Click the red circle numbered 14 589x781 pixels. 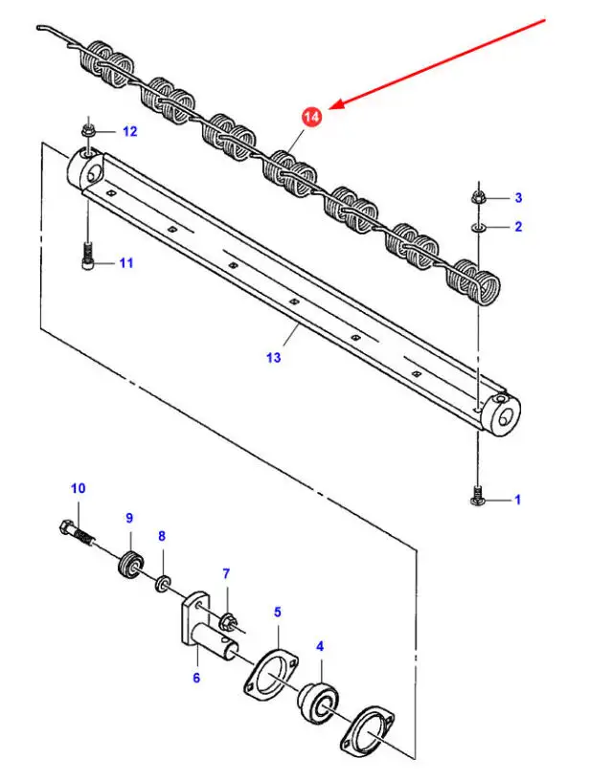[x=311, y=117]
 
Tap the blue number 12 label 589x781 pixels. [x=129, y=131]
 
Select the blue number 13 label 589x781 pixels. [x=273, y=357]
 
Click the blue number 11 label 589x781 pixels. [x=126, y=262]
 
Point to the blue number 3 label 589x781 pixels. [x=518, y=198]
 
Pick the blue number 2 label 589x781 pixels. [x=518, y=227]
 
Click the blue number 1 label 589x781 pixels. [x=518, y=499]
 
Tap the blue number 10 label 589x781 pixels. [x=79, y=488]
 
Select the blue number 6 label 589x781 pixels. [x=196, y=678]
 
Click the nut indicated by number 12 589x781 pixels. [x=88, y=132]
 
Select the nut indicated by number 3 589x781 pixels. [x=478, y=197]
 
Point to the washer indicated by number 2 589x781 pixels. [x=477, y=227]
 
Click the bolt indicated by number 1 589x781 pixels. [x=477, y=496]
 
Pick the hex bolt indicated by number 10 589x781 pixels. [x=77, y=532]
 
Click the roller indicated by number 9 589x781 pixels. [x=131, y=564]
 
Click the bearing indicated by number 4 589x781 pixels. [x=318, y=698]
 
